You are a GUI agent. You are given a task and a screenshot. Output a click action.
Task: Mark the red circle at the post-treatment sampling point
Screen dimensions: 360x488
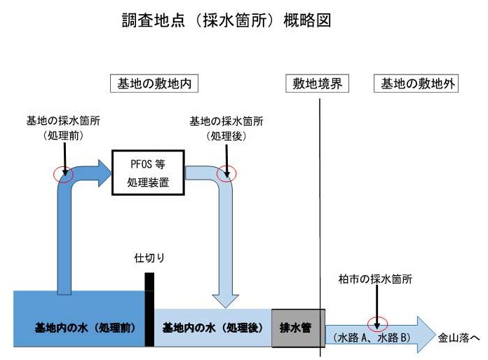(226, 173)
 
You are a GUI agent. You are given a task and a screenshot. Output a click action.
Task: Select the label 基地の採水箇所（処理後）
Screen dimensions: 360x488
(226, 127)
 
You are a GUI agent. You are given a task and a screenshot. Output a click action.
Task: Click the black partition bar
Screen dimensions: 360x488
(149, 309)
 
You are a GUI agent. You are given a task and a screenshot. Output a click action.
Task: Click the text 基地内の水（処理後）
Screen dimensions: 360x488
(212, 328)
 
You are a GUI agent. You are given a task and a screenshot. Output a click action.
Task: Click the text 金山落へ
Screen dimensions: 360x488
(459, 337)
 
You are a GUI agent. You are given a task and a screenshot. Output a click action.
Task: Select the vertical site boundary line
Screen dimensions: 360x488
(320, 211)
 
